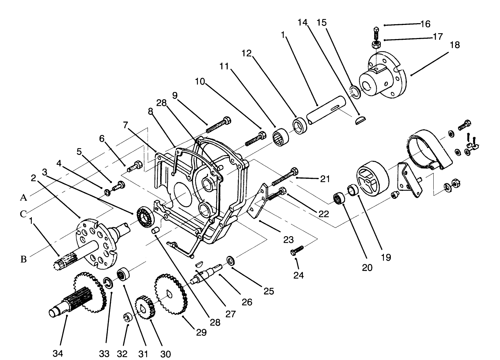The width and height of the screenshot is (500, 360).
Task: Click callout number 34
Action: (58, 353)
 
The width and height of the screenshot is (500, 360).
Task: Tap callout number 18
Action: (455, 45)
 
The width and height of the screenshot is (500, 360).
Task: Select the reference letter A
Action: (23, 198)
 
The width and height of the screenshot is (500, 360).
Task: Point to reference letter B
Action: (23, 259)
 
